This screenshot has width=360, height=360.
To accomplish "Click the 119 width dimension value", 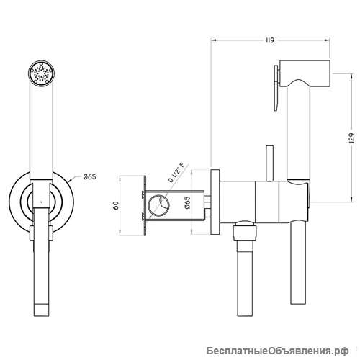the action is tap(270, 40).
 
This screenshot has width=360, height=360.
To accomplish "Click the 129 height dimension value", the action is tap(351, 138).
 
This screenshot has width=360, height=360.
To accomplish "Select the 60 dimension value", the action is tap(116, 206).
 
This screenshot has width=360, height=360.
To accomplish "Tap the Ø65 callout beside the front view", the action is tap(89, 177).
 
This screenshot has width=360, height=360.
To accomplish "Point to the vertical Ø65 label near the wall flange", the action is tap(187, 203).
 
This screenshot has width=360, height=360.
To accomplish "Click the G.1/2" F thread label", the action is tap(176, 173).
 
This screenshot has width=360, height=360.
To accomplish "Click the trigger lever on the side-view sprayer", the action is tap(276, 88).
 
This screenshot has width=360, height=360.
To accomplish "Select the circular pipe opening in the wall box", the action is tap(158, 205).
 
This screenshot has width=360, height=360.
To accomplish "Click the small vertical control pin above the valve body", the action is tap(269, 163).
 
